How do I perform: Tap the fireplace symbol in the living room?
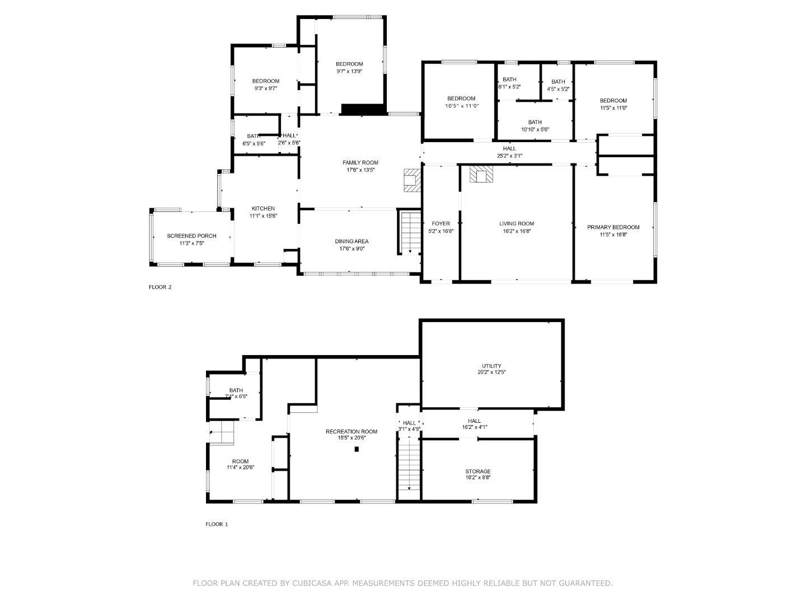click(x=481, y=174)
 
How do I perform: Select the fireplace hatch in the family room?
click(x=411, y=180)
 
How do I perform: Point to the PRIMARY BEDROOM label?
click(x=613, y=227)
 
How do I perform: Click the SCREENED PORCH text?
click(x=191, y=236)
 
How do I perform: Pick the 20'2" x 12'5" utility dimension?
click(x=491, y=372)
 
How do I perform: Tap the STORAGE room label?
click(x=477, y=471)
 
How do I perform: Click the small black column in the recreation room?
click(x=357, y=449)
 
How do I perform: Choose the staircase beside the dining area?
click(x=410, y=232)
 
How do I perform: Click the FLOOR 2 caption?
click(x=160, y=287)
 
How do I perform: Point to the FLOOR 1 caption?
click(x=217, y=525)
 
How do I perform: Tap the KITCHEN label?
click(x=263, y=209)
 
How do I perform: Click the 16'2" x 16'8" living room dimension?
click(x=517, y=231)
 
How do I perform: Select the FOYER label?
click(x=441, y=224)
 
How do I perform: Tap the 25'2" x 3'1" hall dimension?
click(x=509, y=156)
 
